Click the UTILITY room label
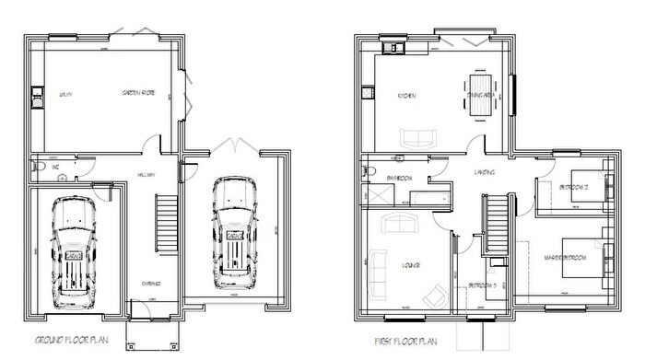click(66, 95)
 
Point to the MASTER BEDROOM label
click(565, 257)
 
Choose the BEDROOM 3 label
click(482, 285)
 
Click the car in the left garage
click(73, 250)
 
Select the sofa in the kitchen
click(418, 138)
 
